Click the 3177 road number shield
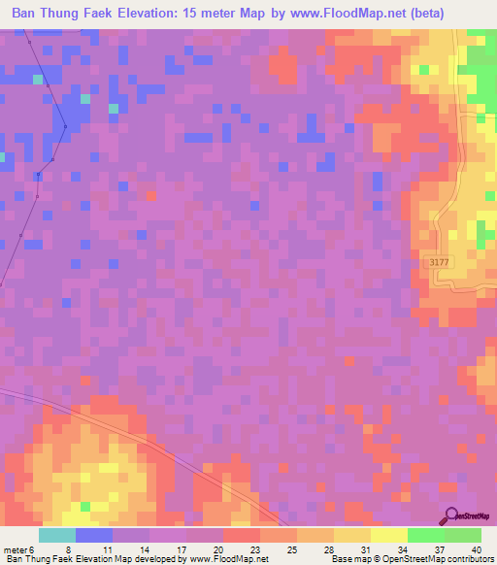[439, 261]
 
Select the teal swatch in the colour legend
[57, 535]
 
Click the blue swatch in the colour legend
[94, 535]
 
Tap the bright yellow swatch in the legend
[388, 535]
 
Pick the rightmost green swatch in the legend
[463, 535]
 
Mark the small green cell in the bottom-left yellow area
[85, 507]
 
